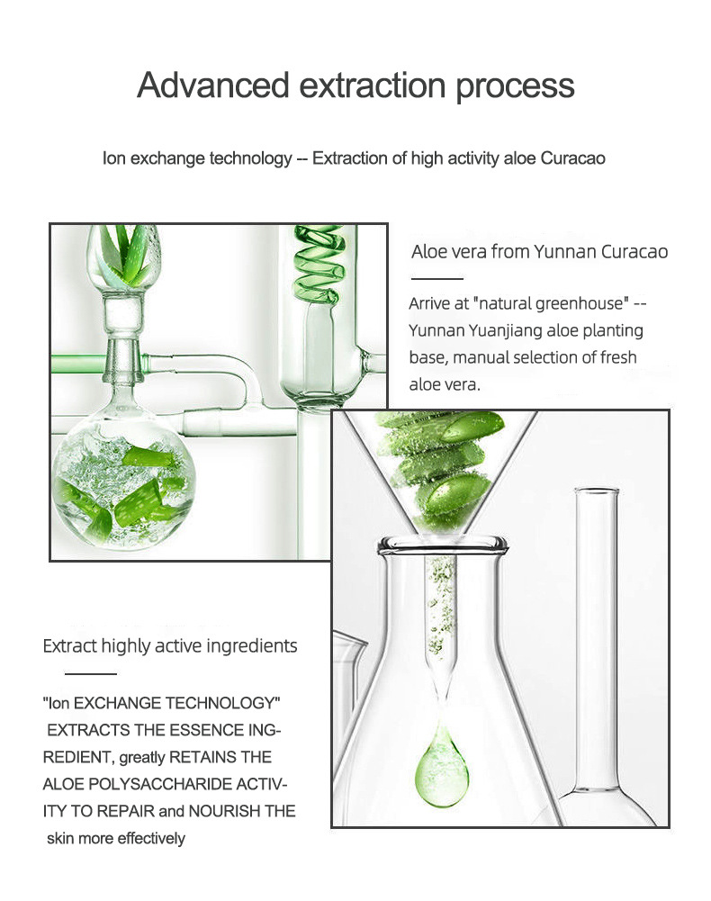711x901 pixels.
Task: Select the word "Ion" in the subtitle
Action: pos(113,158)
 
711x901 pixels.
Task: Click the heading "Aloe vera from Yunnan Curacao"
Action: pos(539,251)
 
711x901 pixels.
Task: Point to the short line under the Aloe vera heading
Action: pos(436,279)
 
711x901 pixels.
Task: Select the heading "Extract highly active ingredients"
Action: pos(170,646)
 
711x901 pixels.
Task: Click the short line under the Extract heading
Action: pos(90,673)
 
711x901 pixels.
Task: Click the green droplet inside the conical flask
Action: pos(441,770)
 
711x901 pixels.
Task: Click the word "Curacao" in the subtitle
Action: pos(572,158)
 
